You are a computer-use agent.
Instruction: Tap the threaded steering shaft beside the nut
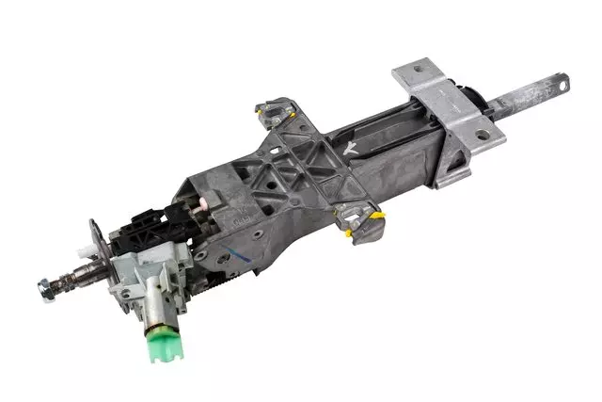75,278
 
